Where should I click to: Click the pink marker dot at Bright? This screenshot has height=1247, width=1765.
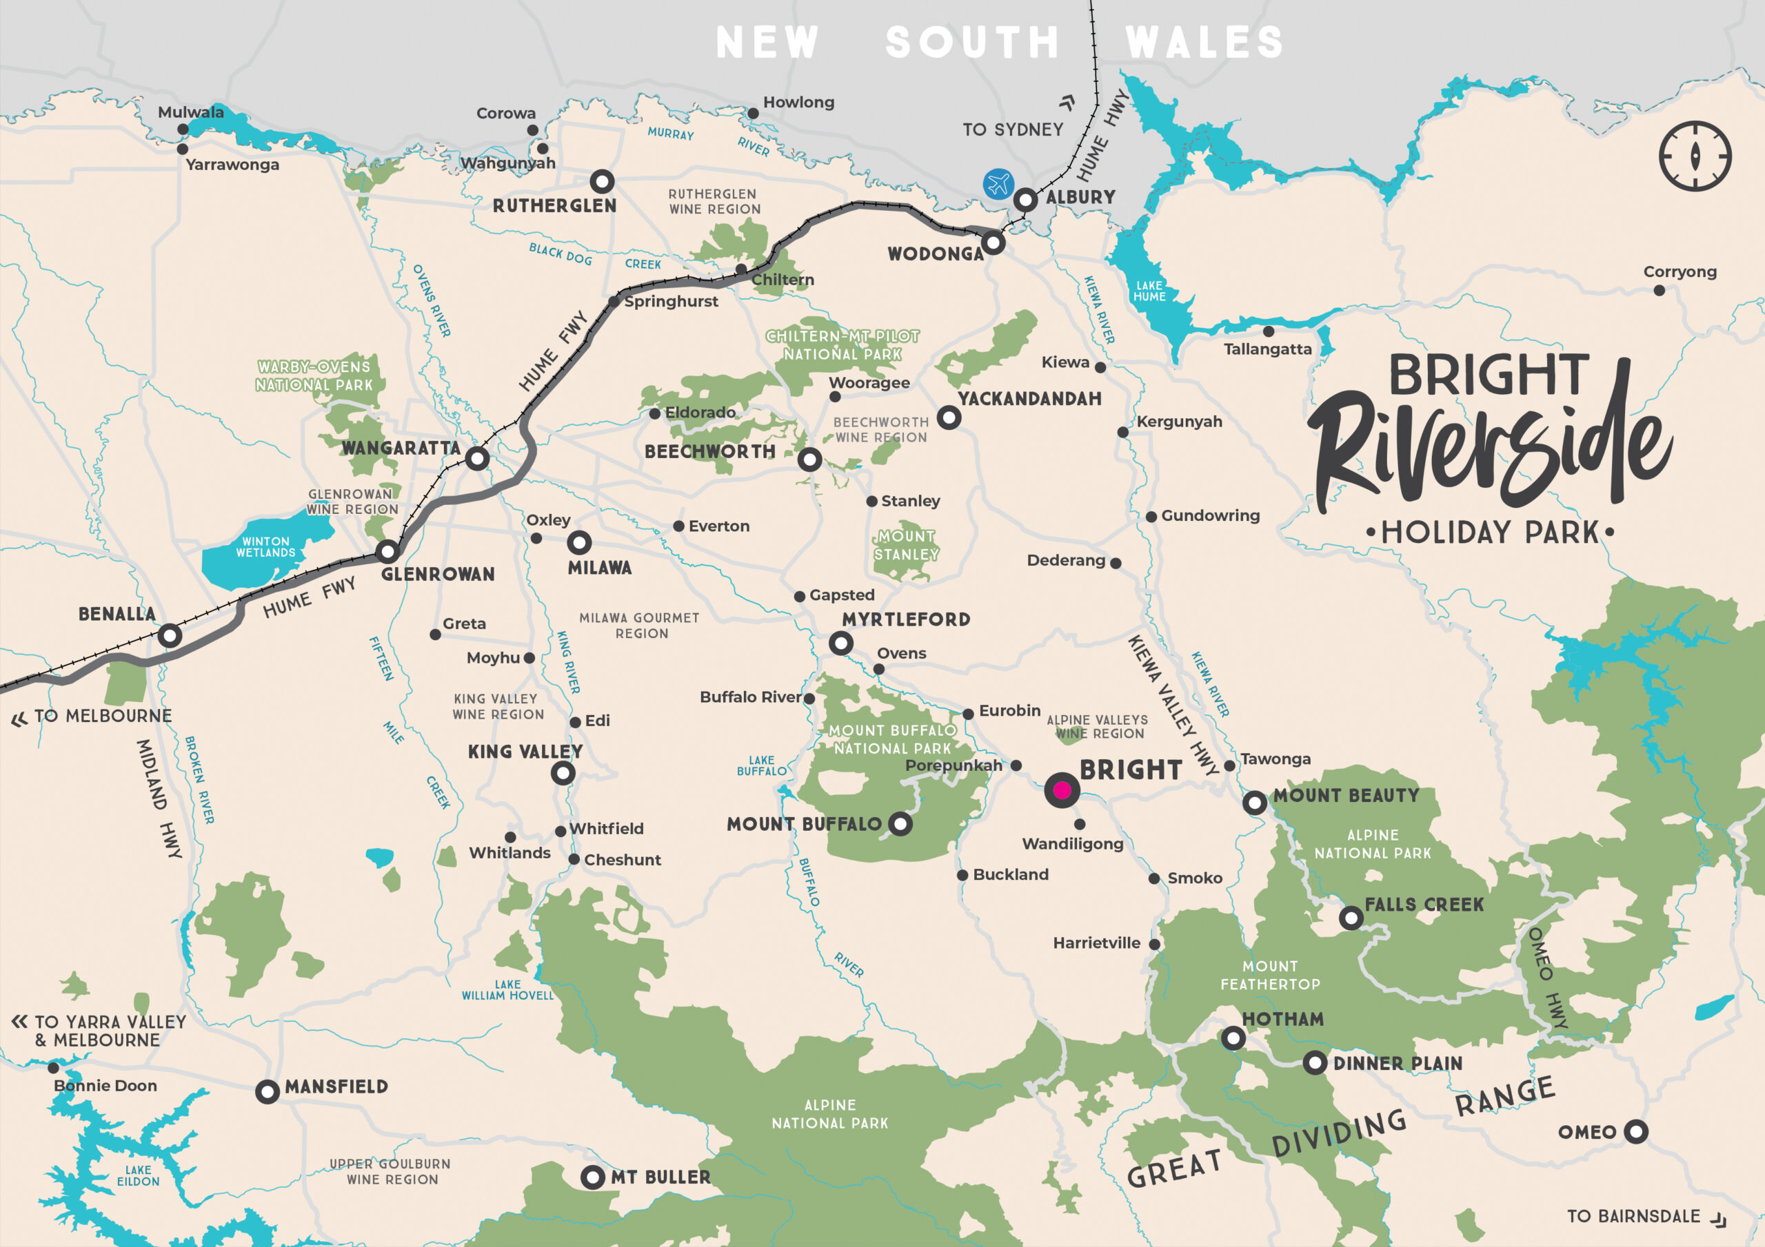click(1062, 790)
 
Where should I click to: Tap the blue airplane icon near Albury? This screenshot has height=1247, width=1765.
click(998, 185)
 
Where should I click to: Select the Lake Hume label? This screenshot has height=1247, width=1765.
click(1149, 291)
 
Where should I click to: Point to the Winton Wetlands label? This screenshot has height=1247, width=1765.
click(265, 547)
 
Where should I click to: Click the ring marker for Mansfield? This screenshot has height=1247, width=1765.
click(267, 1091)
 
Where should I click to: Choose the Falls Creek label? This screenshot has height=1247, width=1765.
click(1424, 905)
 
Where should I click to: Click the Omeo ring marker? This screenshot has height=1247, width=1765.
click(1636, 1131)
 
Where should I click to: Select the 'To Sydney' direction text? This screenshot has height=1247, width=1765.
click(1012, 130)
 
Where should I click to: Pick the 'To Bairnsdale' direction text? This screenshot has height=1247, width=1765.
click(1633, 1216)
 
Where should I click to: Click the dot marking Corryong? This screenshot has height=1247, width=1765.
click(1659, 291)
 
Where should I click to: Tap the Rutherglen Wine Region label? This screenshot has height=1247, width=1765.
click(714, 201)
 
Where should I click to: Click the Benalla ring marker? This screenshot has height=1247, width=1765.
click(170, 635)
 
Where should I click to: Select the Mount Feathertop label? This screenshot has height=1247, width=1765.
click(1270, 975)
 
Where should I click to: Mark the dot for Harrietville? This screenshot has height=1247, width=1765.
click(1154, 943)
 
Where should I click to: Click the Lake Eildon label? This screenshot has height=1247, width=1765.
click(139, 1175)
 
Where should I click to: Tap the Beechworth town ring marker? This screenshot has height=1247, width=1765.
click(809, 460)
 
